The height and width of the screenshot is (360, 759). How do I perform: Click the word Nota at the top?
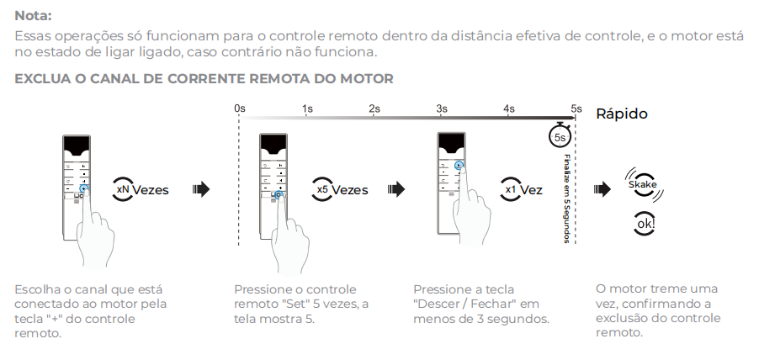[33, 15]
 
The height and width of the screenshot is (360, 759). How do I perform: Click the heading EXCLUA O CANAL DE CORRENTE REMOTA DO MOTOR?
[204, 79]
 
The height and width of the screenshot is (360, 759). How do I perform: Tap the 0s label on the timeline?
[240, 109]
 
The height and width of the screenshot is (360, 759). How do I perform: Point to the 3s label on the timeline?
[442, 109]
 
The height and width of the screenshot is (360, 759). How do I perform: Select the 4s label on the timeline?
[509, 109]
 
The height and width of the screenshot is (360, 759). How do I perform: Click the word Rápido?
[622, 114]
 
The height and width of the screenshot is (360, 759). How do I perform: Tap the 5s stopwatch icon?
[560, 135]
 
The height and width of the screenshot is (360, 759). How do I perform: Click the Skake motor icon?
[642, 185]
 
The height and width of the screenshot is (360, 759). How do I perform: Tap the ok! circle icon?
[644, 225]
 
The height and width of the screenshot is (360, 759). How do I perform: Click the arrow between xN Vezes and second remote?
[201, 189]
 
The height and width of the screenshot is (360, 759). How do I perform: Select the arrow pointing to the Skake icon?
[602, 189]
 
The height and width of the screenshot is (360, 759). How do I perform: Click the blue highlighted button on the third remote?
[458, 166]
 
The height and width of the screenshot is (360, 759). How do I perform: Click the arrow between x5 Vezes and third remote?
[392, 189]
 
